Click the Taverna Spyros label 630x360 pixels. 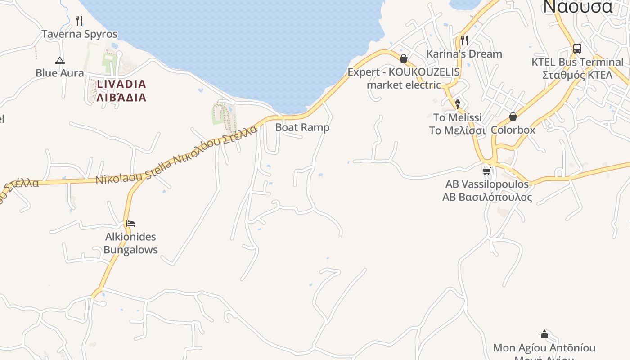pyautogui.click(x=79, y=34)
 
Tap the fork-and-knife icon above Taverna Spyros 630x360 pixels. pyautogui.click(x=79, y=20)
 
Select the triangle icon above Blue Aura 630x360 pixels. pyautogui.click(x=59, y=60)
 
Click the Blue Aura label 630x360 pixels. pyautogui.click(x=59, y=73)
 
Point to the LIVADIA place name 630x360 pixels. pyautogui.click(x=121, y=84)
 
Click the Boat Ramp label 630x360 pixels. pyautogui.click(x=302, y=127)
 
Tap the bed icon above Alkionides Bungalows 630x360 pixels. pyautogui.click(x=130, y=223)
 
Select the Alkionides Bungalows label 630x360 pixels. pyautogui.click(x=130, y=243)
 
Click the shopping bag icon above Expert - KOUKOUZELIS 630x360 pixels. pyautogui.click(x=404, y=58)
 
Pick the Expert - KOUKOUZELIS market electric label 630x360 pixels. pyautogui.click(x=404, y=78)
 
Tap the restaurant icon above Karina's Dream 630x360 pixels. pyautogui.click(x=464, y=40)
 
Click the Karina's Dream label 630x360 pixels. pyautogui.click(x=464, y=54)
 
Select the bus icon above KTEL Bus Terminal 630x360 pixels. pyautogui.click(x=577, y=49)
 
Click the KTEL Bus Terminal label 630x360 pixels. pyautogui.click(x=577, y=62)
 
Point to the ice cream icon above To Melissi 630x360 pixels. pyautogui.click(x=457, y=104)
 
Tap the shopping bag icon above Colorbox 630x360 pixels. pyautogui.click(x=513, y=117)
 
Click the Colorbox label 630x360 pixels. pyautogui.click(x=513, y=130)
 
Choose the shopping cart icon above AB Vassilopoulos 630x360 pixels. pyautogui.click(x=486, y=171)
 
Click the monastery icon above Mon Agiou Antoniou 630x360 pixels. pyautogui.click(x=544, y=334)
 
